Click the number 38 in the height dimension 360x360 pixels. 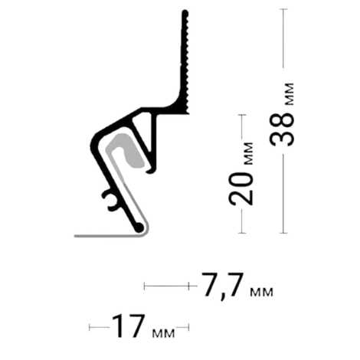282,129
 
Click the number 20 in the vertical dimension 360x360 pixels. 241,188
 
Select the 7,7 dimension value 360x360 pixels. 222,285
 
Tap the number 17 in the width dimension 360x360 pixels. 128,326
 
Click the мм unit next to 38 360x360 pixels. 289,94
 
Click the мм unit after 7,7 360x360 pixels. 261,292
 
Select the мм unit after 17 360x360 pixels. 163,333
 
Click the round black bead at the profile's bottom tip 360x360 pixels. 139,227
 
